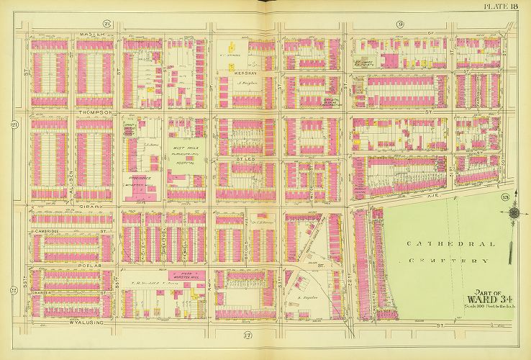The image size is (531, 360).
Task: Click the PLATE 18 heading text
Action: pyautogui.click(x=508, y=6)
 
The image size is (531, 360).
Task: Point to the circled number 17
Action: pyautogui.click(x=248, y=336)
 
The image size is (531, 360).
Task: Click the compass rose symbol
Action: pyautogui.click(x=513, y=214)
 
